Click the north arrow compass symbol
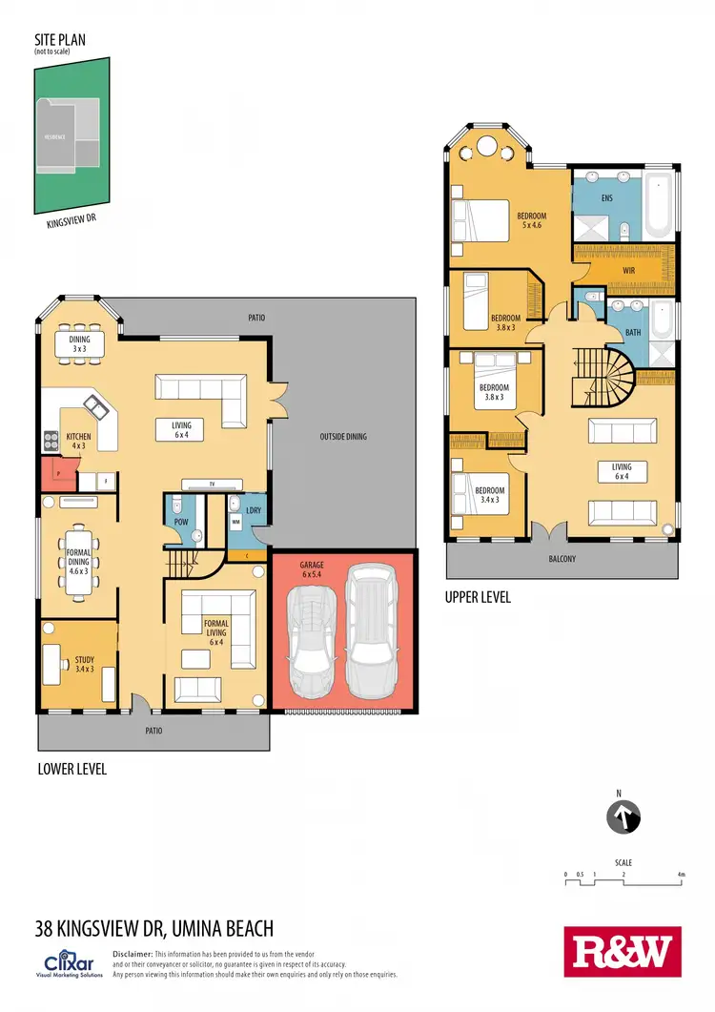click(x=623, y=816)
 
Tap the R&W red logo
click(x=623, y=951)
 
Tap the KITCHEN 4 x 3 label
click(x=78, y=442)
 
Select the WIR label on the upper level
click(x=628, y=270)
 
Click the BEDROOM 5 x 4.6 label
click(x=531, y=220)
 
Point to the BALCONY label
click(x=562, y=559)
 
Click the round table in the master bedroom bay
click(x=485, y=148)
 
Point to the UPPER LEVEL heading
click(x=478, y=598)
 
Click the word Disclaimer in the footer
click(x=132, y=954)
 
